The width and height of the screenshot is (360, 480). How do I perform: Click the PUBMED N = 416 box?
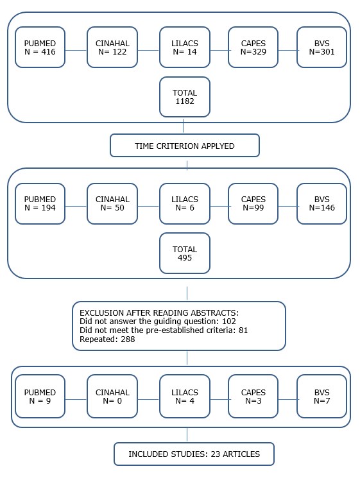coord(40,46)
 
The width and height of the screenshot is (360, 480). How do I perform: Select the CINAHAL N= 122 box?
coord(112,46)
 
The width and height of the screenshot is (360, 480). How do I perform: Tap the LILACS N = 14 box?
coord(184,46)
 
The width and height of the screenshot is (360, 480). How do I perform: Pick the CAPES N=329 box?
coord(253,46)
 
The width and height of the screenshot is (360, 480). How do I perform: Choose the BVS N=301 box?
coord(321,46)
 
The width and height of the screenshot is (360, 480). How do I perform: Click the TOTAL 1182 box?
coord(184,97)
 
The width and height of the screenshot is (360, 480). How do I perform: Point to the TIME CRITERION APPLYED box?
coord(184,146)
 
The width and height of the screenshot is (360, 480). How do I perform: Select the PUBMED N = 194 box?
coord(40,203)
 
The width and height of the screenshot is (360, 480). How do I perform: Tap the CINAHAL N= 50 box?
coord(112,203)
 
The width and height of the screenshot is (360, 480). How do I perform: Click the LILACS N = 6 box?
coord(184,203)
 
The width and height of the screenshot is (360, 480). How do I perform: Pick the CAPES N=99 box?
coord(253,203)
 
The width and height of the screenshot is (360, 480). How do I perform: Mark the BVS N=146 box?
coord(321,203)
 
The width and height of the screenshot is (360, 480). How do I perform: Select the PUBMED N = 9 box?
coord(40,397)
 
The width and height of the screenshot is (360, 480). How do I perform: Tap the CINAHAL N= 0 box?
coord(112,397)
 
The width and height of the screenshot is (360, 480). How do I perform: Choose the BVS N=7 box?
coord(321,397)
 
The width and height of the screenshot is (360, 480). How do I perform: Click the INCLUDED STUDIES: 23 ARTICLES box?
coord(194,454)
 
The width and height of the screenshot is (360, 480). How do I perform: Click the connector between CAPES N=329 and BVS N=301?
coord(287,50)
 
